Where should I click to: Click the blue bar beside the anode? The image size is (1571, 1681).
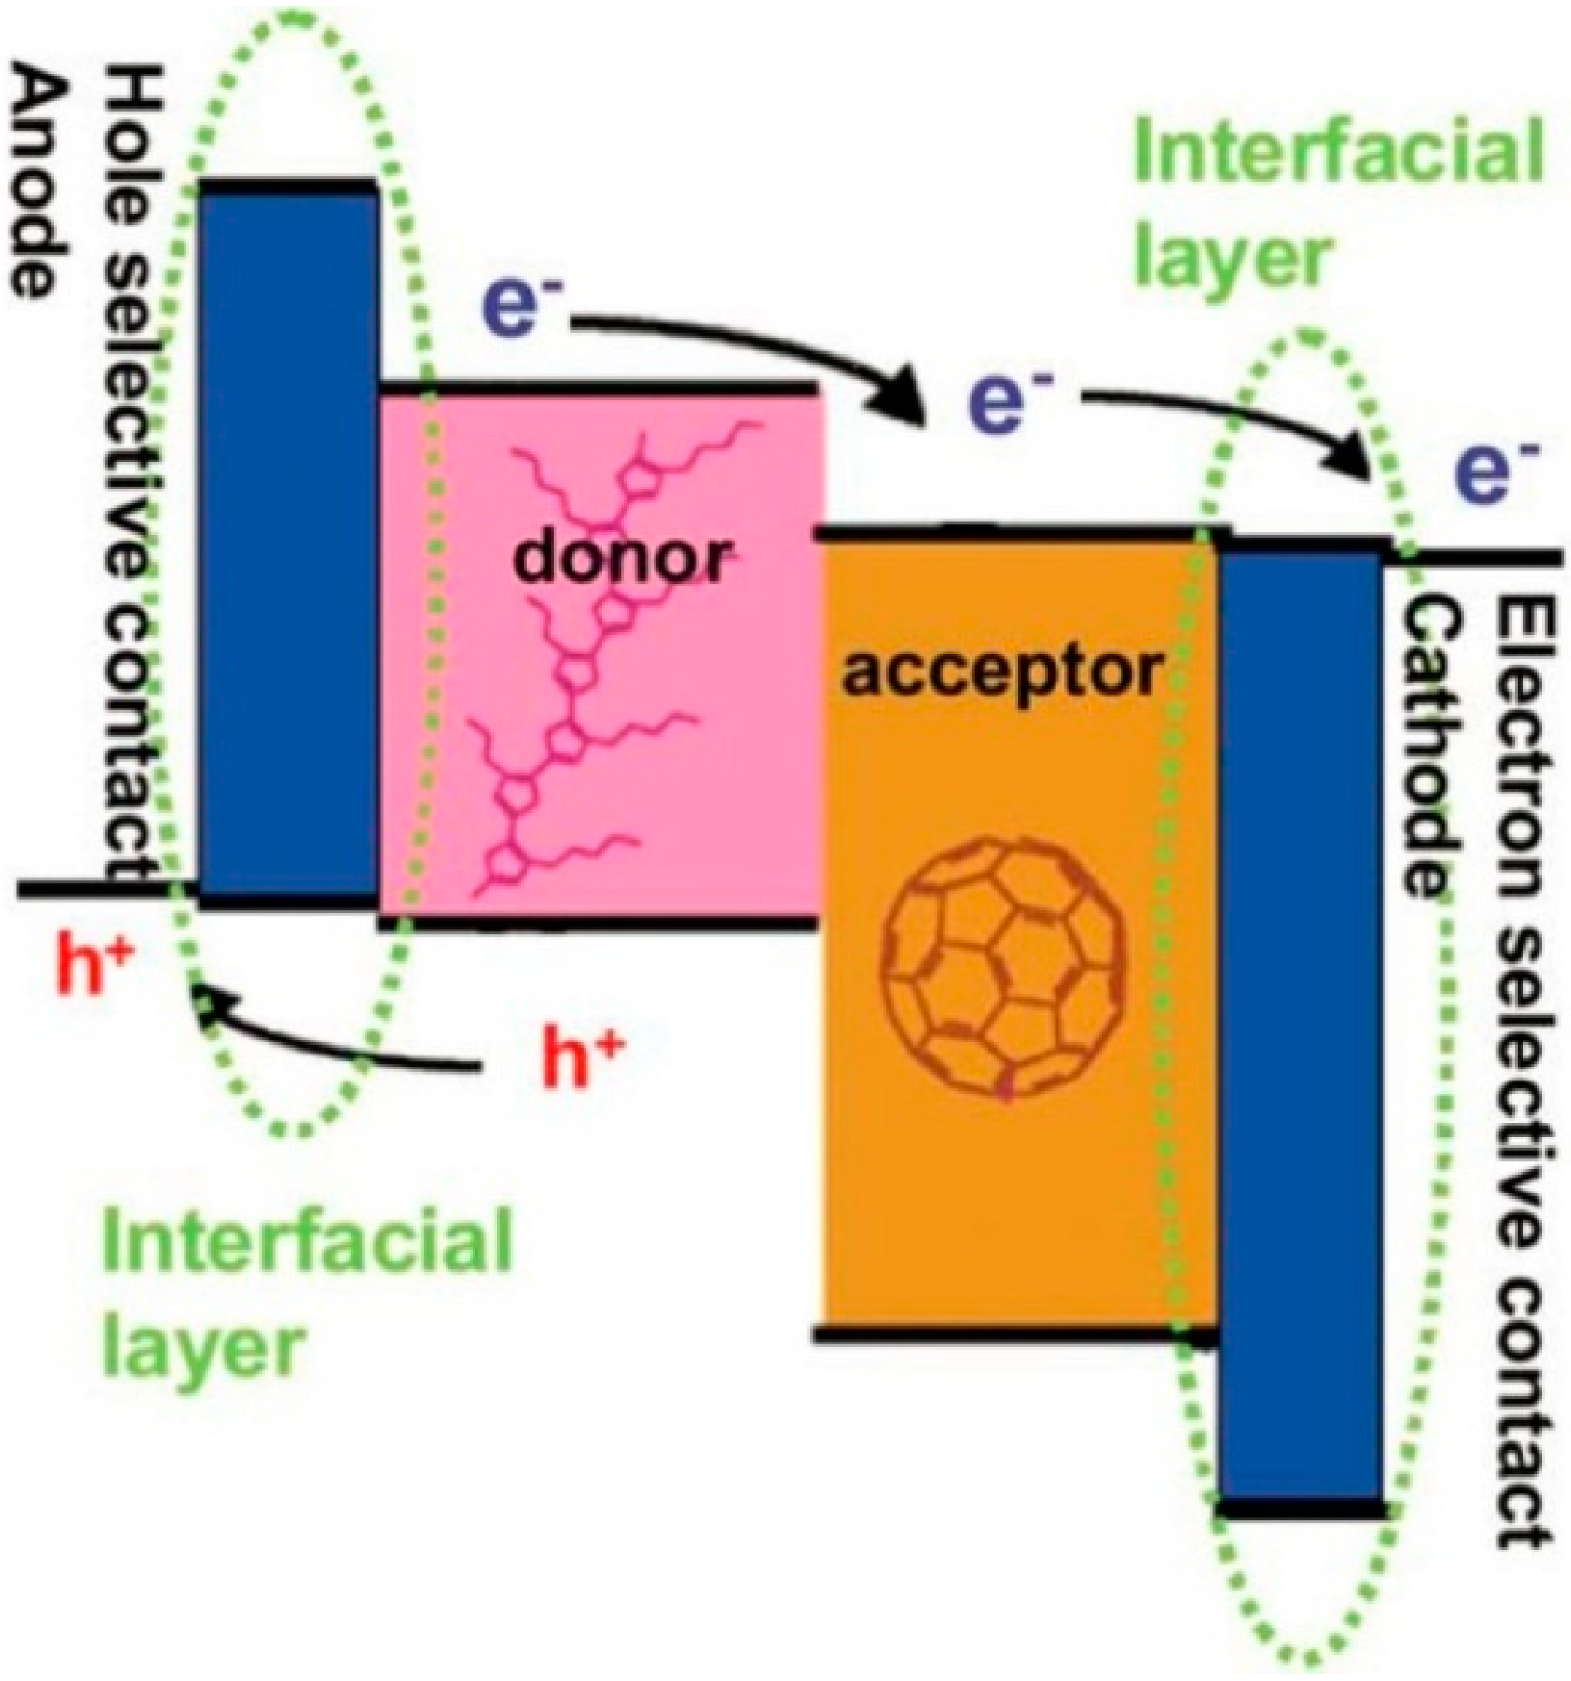289,541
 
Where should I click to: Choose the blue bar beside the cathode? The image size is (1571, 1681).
1301,1026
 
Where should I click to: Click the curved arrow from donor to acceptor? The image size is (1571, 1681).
746,354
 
